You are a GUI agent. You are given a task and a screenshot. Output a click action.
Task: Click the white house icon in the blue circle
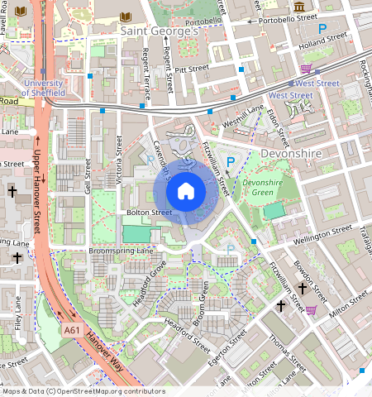tap(186, 191)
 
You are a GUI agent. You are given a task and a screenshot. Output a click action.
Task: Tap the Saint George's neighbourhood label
tap(160, 31)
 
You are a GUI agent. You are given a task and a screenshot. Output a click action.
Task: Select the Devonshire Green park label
tap(263, 187)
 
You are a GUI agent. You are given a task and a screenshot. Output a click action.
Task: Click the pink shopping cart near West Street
tap(306, 69)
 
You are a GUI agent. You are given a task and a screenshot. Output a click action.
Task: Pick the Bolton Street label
tap(149, 213)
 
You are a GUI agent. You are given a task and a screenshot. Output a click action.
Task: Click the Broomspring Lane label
tap(111, 249)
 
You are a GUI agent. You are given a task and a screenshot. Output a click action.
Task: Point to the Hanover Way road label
tap(104, 352)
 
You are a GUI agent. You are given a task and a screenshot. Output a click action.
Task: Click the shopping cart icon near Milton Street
tap(312, 310)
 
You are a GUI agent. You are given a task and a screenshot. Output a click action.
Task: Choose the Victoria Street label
tap(122, 165)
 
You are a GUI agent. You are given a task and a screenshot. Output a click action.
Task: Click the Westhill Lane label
tap(243, 115)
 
